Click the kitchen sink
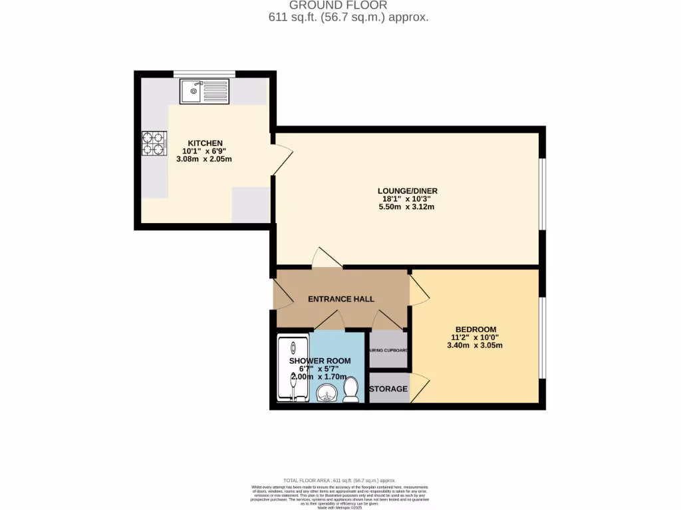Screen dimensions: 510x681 (x=204, y=91)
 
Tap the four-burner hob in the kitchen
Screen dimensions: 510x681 (x=153, y=143)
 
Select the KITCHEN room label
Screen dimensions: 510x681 (x=205, y=143)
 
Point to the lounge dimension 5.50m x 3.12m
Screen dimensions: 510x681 (x=406, y=207)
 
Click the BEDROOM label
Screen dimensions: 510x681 (x=476, y=329)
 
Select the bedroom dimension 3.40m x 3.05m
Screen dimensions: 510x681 (x=476, y=345)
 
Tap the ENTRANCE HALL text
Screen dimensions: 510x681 (x=341, y=299)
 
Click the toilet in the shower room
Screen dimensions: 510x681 (x=351, y=390)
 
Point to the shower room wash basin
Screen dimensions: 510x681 (x=327, y=393)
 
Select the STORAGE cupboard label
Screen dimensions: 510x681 (x=388, y=389)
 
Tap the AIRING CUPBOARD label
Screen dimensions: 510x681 (x=388, y=351)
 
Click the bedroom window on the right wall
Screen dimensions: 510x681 (x=543, y=339)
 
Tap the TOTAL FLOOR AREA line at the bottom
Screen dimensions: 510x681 (x=340, y=480)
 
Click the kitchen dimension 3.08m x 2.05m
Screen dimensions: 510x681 (x=204, y=159)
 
